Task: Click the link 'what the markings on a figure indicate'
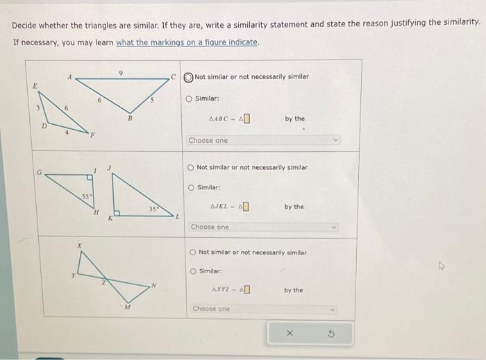pyautogui.click(x=188, y=42)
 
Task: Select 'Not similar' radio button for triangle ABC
pyautogui.click(x=189, y=76)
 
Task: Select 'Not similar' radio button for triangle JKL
pyautogui.click(x=191, y=167)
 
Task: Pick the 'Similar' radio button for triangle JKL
pyautogui.click(x=192, y=187)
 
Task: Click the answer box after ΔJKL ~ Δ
pyautogui.click(x=246, y=207)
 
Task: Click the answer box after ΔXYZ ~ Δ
pyautogui.click(x=246, y=290)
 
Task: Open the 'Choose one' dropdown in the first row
pyautogui.click(x=265, y=140)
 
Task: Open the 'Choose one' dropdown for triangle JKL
pyautogui.click(x=265, y=227)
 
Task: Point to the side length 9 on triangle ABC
pyautogui.click(x=120, y=71)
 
